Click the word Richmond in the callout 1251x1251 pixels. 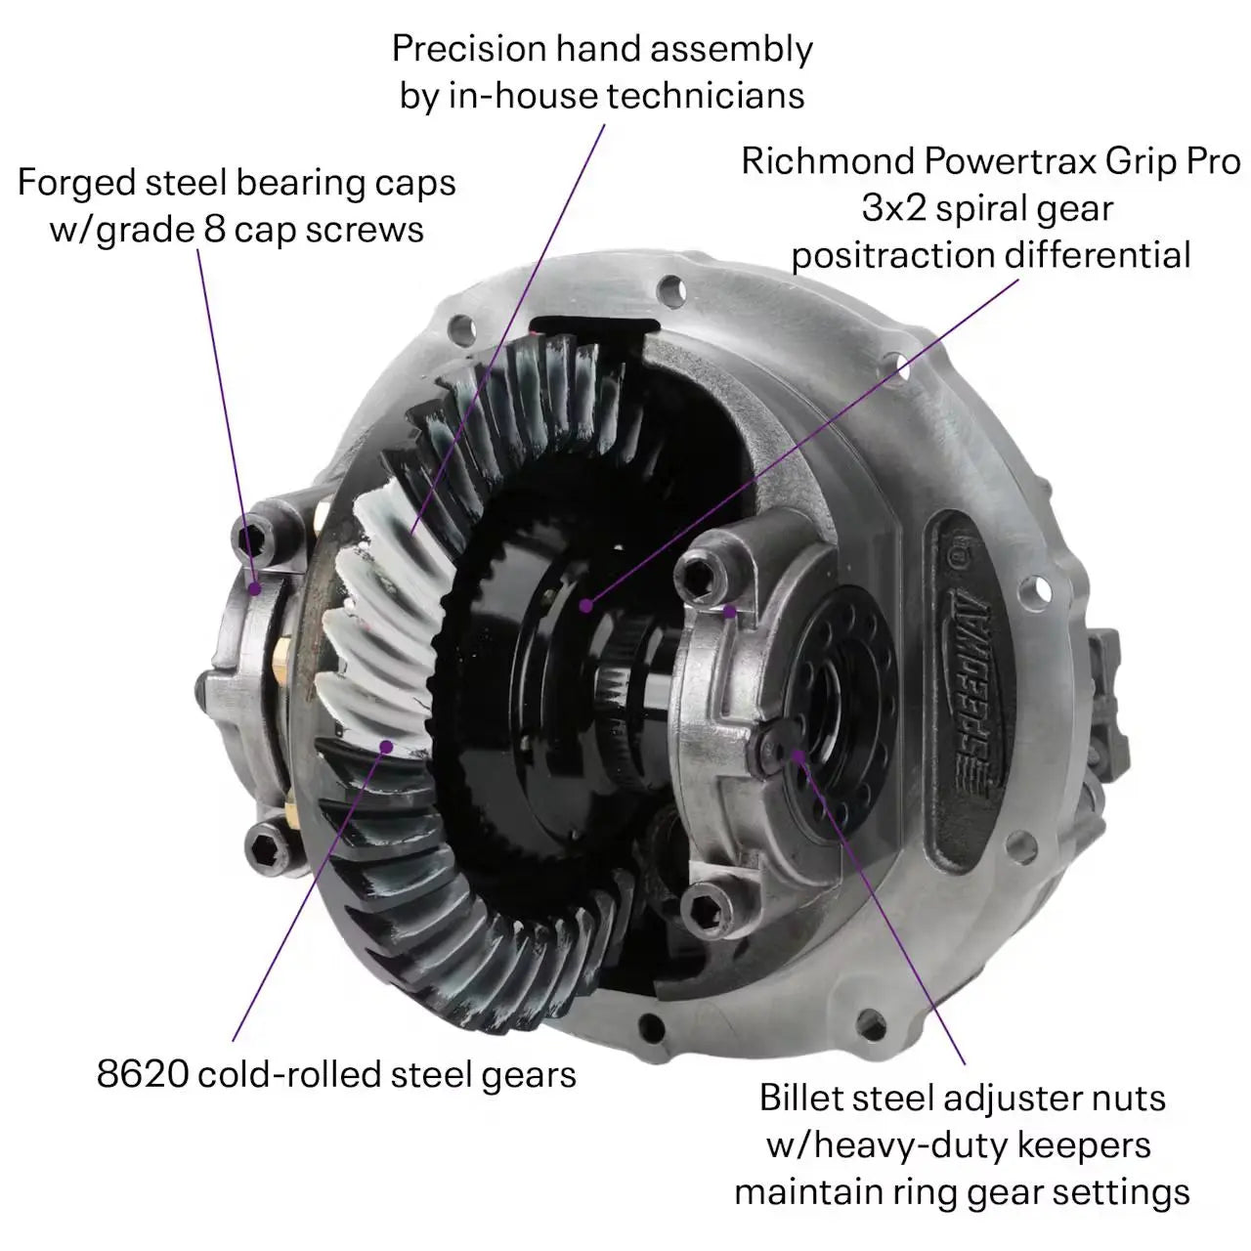[x=828, y=161]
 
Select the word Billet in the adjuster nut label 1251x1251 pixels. [x=811, y=1098]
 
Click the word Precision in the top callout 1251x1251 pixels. [x=469, y=49]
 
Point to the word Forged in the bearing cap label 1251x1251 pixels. [x=76, y=184]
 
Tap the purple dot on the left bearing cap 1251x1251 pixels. [x=256, y=588]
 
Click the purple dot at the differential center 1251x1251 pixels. [x=586, y=606]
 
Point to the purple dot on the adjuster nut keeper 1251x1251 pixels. [x=798, y=755]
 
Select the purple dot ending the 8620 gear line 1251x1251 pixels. [x=386, y=747]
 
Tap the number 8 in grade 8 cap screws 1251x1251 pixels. [x=215, y=230]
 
